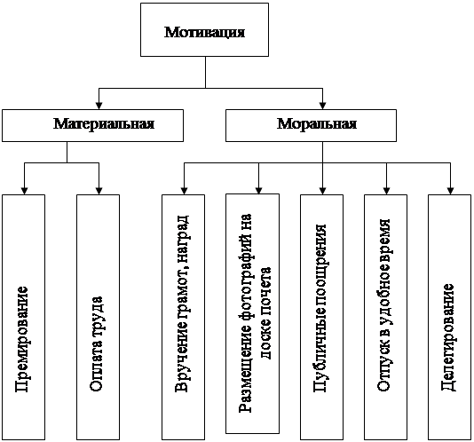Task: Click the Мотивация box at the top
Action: (x=204, y=29)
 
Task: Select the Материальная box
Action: (x=92, y=125)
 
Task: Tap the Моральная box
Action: (x=311, y=125)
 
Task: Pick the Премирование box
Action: (x=24, y=317)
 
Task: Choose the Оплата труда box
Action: (x=98, y=317)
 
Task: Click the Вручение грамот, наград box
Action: (x=183, y=317)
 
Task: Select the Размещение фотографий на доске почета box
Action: (x=252, y=313)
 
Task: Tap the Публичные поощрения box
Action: (x=321, y=317)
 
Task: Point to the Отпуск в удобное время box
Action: (x=385, y=317)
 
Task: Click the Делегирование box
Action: (x=449, y=317)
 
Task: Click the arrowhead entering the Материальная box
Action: (x=99, y=106)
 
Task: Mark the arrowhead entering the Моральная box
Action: (x=322, y=106)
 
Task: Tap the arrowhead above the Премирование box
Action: (x=25, y=191)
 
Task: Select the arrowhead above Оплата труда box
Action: (x=99, y=191)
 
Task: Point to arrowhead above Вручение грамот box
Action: (x=184, y=191)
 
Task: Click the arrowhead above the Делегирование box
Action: (x=450, y=191)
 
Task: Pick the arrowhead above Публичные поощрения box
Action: (x=322, y=191)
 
